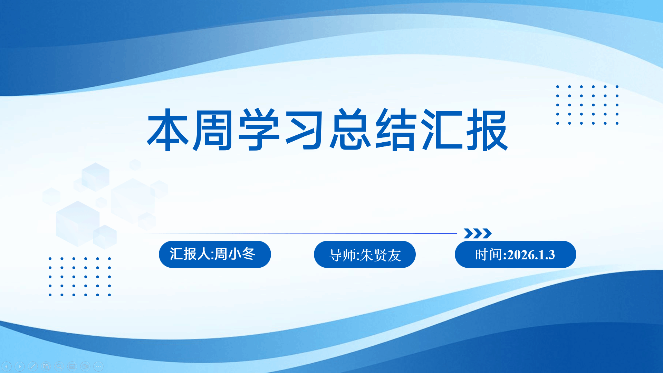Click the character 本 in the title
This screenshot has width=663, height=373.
(168, 130)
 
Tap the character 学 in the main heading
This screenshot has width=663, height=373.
(259, 130)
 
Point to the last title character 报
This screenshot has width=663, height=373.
(487, 130)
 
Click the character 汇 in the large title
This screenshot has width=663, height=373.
(442, 130)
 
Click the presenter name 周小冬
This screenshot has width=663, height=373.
(235, 254)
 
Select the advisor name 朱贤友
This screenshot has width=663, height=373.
(381, 256)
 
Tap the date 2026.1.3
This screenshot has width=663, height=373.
(531, 255)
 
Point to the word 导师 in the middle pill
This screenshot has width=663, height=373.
(343, 256)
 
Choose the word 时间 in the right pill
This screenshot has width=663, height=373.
(489, 255)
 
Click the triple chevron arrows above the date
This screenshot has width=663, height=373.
(478, 233)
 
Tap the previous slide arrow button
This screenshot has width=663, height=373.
(7, 366)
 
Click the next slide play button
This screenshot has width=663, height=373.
(20, 366)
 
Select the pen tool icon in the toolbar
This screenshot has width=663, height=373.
(33, 366)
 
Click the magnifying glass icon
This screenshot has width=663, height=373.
(59, 366)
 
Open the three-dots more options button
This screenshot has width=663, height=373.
(98, 366)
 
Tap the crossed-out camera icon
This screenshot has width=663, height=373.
(85, 366)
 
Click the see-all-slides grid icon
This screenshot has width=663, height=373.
(46, 366)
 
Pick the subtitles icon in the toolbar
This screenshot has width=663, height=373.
(72, 366)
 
